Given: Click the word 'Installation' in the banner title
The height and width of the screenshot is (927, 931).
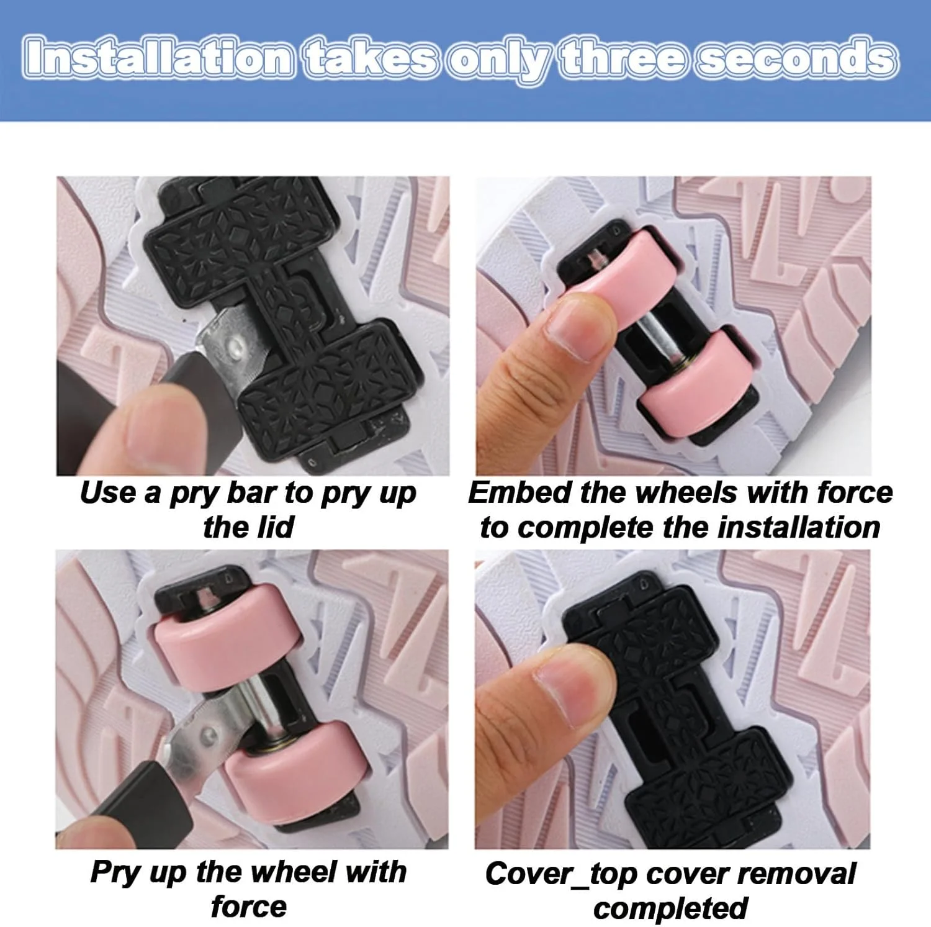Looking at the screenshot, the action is tap(159, 58).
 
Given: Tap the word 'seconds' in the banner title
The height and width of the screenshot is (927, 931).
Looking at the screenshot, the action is tap(797, 58).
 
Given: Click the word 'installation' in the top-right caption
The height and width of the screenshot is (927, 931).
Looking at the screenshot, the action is tap(799, 527).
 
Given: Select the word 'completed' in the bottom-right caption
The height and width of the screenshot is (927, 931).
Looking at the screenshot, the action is tap(670, 908).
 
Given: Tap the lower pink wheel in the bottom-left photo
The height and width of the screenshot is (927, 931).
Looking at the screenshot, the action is tap(292, 770).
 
